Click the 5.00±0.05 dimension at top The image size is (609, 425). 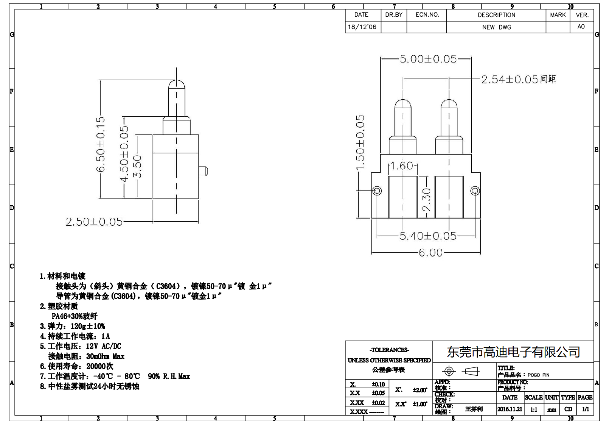click(x=428, y=59)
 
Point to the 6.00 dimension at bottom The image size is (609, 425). click(x=430, y=253)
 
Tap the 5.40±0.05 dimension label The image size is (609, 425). click(x=428, y=236)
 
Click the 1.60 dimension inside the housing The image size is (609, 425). click(x=401, y=166)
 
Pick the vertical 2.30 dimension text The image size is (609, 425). click(x=427, y=200)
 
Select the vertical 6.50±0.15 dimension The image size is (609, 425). click(x=101, y=144)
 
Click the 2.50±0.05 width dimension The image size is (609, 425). click(x=94, y=222)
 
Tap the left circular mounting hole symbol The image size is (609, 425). click(x=377, y=191)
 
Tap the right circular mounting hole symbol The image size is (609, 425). click(x=475, y=191)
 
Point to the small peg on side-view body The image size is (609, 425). click(x=204, y=171)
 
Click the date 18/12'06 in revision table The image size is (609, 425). click(x=362, y=27)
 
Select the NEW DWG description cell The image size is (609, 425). click(x=496, y=27)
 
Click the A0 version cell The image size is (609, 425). click(x=581, y=27)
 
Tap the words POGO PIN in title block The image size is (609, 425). click(x=539, y=375)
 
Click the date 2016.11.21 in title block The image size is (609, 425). click(x=510, y=409)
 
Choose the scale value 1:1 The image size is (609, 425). click(x=533, y=409)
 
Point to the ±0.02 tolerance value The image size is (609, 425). click(x=378, y=403)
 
